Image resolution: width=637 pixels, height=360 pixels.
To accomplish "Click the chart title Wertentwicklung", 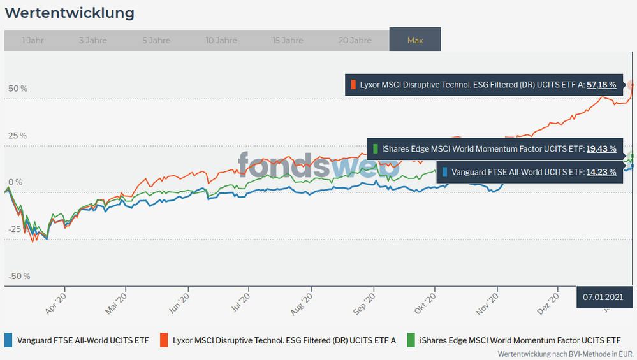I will point(70,13).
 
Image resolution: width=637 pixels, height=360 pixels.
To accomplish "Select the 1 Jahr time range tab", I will point(33,40).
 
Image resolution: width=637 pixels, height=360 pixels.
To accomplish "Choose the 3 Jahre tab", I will point(93,40).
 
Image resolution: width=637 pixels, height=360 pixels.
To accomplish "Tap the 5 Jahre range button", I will point(156,40).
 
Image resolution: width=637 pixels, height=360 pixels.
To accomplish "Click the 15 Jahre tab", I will point(288,40).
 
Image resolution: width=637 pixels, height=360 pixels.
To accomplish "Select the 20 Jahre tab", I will point(355,40).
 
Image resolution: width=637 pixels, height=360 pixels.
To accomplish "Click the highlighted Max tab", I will point(415,40).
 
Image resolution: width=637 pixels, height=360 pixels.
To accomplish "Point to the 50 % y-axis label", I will point(18,89).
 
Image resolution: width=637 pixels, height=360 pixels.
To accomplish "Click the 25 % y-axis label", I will point(18,136).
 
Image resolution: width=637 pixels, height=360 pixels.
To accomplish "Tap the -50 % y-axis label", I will point(19,277).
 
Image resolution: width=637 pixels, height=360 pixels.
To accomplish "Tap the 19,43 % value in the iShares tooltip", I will point(601,148).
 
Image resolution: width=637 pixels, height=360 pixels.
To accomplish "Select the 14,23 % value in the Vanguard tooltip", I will point(601,172).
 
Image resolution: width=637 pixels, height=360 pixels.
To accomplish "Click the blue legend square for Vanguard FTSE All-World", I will point(8,340).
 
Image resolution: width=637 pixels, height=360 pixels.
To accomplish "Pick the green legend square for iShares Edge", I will point(411,340).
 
